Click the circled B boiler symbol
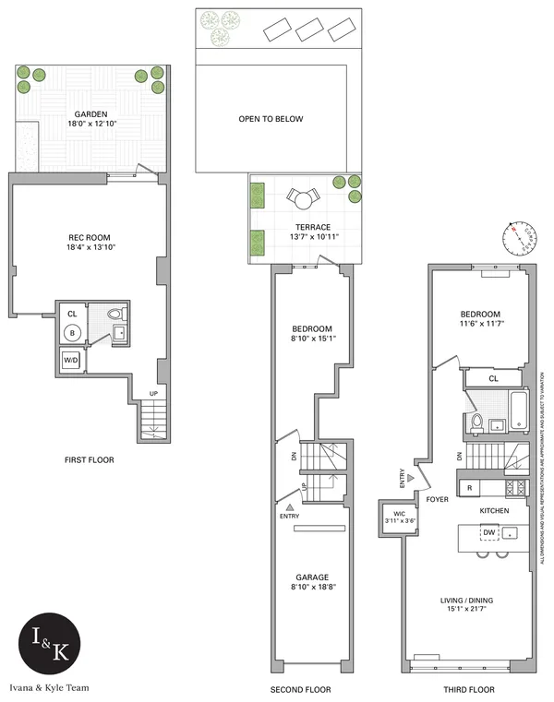72,333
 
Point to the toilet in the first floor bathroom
115,312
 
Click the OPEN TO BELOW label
271,119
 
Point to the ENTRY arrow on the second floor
290,508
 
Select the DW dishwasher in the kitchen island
488,532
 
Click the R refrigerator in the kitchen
469,485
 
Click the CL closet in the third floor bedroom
493,378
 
